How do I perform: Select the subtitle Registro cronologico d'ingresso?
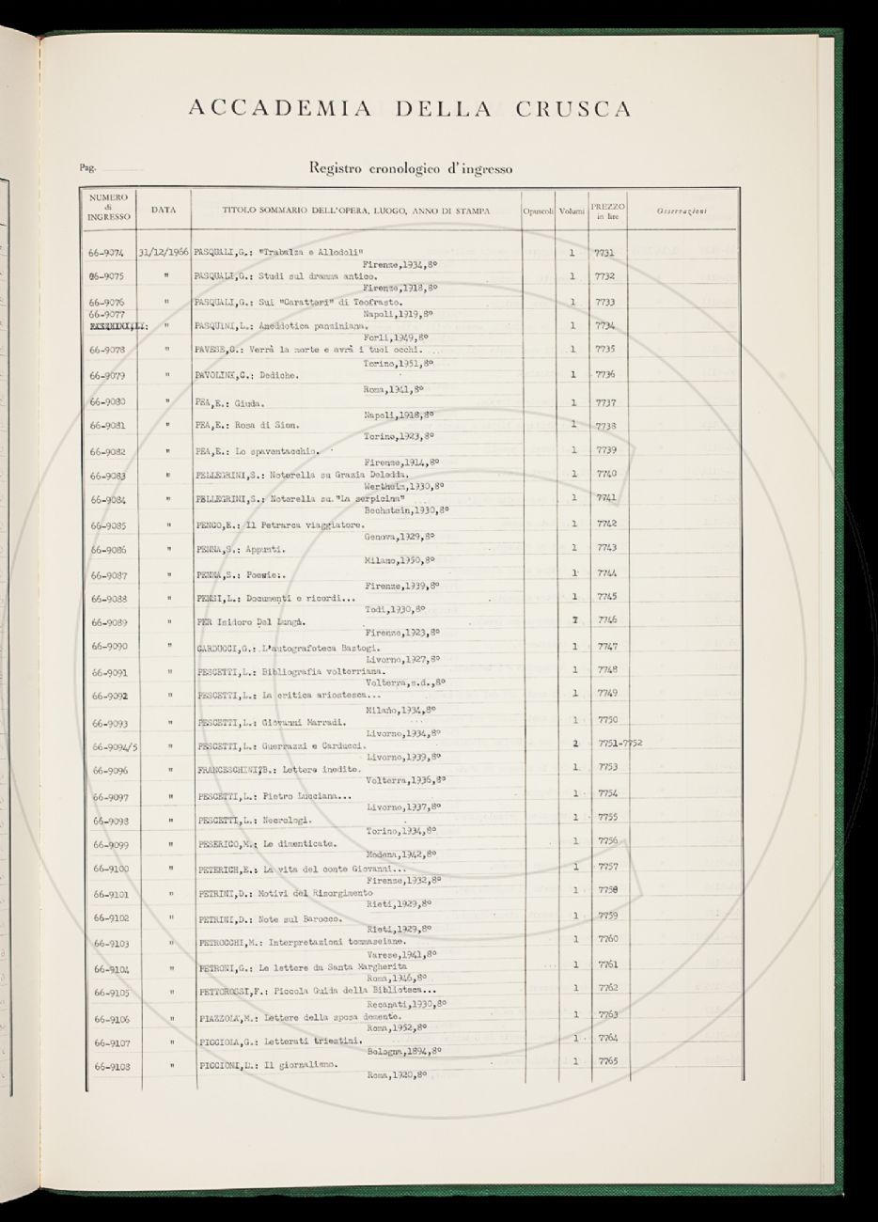pos(410,169)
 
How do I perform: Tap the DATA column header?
pos(164,211)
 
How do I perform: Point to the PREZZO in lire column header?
pos(607,211)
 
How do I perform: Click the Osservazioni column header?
pos(682,210)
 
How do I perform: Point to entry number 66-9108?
pos(106,1066)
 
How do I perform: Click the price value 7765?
pos(607,1060)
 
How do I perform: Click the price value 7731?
pos(605,253)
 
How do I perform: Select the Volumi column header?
pos(571,211)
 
